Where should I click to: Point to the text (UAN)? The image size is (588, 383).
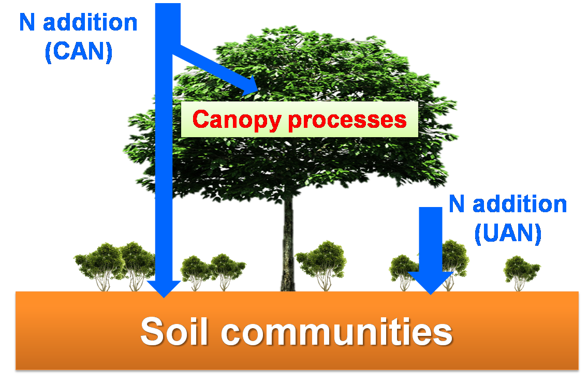[508, 233]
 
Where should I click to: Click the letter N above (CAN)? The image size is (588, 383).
[26, 23]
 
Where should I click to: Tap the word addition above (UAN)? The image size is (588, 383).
[520, 204]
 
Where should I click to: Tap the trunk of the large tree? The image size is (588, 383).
[288, 243]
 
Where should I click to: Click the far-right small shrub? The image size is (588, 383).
[522, 270]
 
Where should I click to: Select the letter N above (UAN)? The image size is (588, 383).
[455, 204]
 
